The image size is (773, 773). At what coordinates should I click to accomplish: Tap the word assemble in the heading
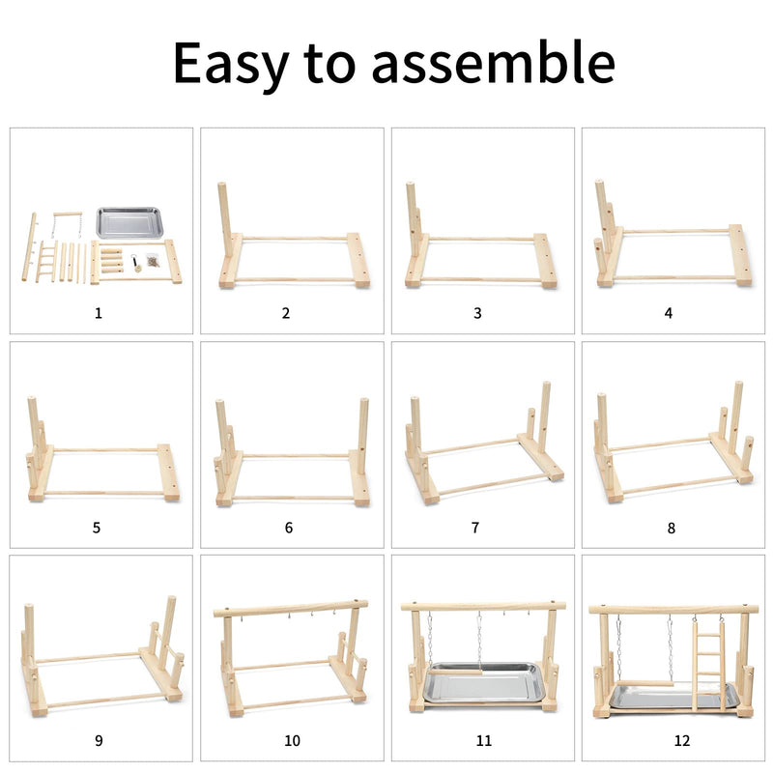[x=494, y=62]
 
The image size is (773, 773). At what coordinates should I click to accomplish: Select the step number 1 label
[x=99, y=313]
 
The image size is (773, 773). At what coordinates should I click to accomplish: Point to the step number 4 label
[x=668, y=313]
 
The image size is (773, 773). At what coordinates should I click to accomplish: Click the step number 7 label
[x=475, y=528]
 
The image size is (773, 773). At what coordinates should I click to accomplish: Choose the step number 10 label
[x=292, y=740]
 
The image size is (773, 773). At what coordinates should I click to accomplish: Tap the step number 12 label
[x=682, y=740]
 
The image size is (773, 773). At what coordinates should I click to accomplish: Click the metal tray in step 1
[x=129, y=223]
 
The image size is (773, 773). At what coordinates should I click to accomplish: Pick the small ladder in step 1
[x=46, y=262]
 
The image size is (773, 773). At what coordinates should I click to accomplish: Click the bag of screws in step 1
[x=153, y=260]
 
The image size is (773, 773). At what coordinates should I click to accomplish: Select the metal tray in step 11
[x=484, y=683]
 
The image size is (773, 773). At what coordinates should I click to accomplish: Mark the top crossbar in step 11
[x=483, y=607]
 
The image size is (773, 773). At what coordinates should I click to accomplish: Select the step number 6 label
[x=289, y=528]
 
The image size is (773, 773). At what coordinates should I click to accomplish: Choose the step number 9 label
[x=99, y=740]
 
